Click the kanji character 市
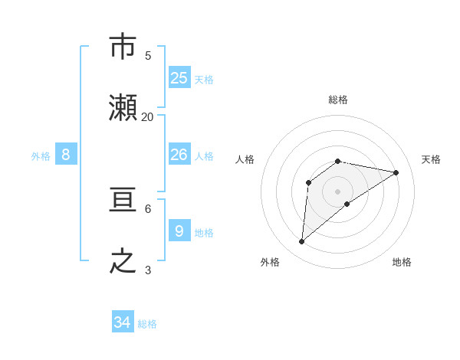click(x=124, y=47)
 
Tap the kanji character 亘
click(x=124, y=201)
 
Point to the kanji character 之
click(x=124, y=263)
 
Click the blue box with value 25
click(x=179, y=78)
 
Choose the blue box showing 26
click(x=179, y=155)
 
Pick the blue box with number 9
click(x=179, y=231)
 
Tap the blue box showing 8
click(x=66, y=155)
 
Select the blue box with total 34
click(x=123, y=323)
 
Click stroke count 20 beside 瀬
click(x=147, y=117)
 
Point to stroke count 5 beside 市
click(x=148, y=55)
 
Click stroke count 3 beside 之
click(x=148, y=270)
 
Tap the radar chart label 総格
click(x=338, y=100)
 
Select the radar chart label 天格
click(x=431, y=159)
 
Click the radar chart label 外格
click(x=270, y=262)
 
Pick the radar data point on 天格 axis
click(x=396, y=172)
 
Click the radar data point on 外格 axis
click(x=301, y=242)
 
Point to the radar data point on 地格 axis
click(x=347, y=204)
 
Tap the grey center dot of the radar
click(x=338, y=191)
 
